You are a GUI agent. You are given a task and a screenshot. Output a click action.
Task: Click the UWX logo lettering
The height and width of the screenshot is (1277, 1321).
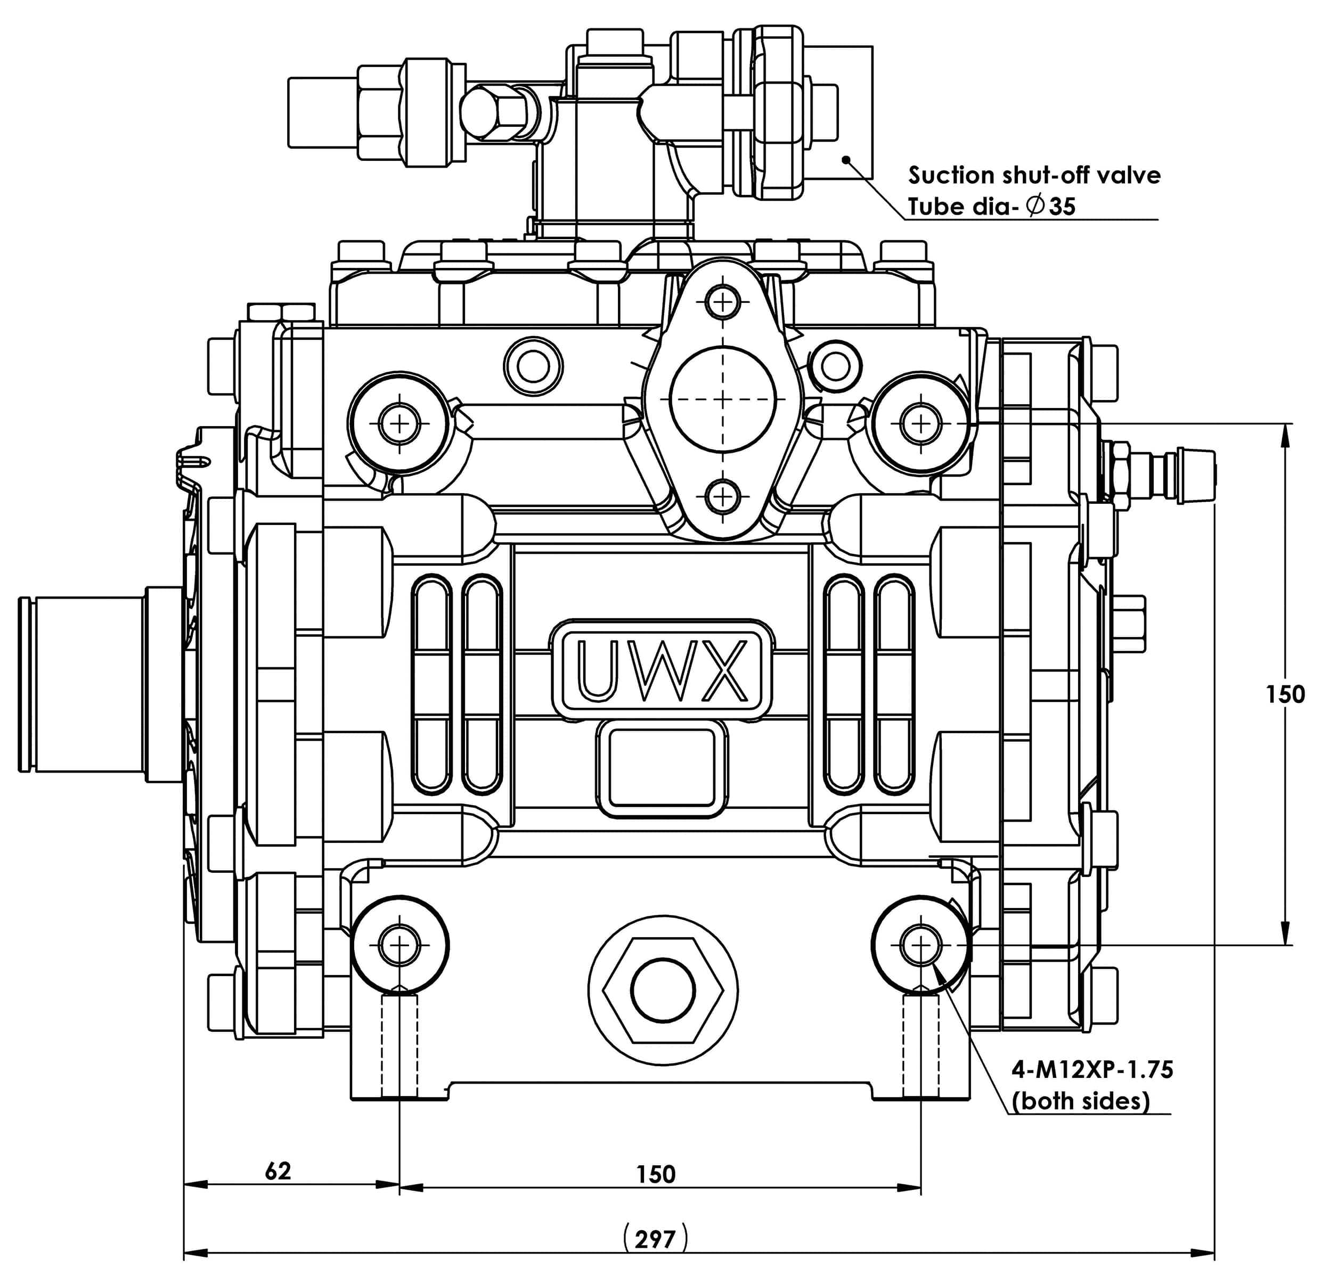coord(663,670)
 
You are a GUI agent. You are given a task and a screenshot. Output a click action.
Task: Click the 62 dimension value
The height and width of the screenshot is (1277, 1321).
coord(278,1170)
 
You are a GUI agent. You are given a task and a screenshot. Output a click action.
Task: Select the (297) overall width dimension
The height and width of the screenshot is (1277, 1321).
coord(655,1238)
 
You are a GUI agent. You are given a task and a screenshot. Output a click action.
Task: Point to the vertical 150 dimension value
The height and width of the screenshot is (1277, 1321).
coord(1285,694)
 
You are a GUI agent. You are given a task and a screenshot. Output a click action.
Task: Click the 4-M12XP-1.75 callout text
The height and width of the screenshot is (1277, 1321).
coord(1092,1069)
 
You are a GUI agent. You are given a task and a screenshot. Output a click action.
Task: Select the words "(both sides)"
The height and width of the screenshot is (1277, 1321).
coord(1080,1101)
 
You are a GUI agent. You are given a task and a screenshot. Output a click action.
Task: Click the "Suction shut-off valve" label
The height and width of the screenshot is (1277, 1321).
coord(1034,175)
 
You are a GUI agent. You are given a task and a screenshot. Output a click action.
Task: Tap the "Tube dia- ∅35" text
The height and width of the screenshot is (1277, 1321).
coord(991,206)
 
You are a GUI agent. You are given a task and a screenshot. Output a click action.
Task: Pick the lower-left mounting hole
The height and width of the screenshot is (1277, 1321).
coord(399,945)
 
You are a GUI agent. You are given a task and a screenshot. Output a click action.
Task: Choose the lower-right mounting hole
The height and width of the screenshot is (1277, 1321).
coord(920,945)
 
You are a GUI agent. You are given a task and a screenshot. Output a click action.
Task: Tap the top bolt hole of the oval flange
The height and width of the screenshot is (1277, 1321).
coord(722,300)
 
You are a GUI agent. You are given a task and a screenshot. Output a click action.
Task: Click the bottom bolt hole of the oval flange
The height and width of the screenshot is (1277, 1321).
coord(722,497)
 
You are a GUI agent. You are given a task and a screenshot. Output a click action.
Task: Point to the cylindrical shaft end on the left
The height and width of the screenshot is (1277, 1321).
coord(81,684)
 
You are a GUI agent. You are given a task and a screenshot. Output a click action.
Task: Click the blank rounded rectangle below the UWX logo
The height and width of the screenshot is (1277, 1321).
coord(662,767)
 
